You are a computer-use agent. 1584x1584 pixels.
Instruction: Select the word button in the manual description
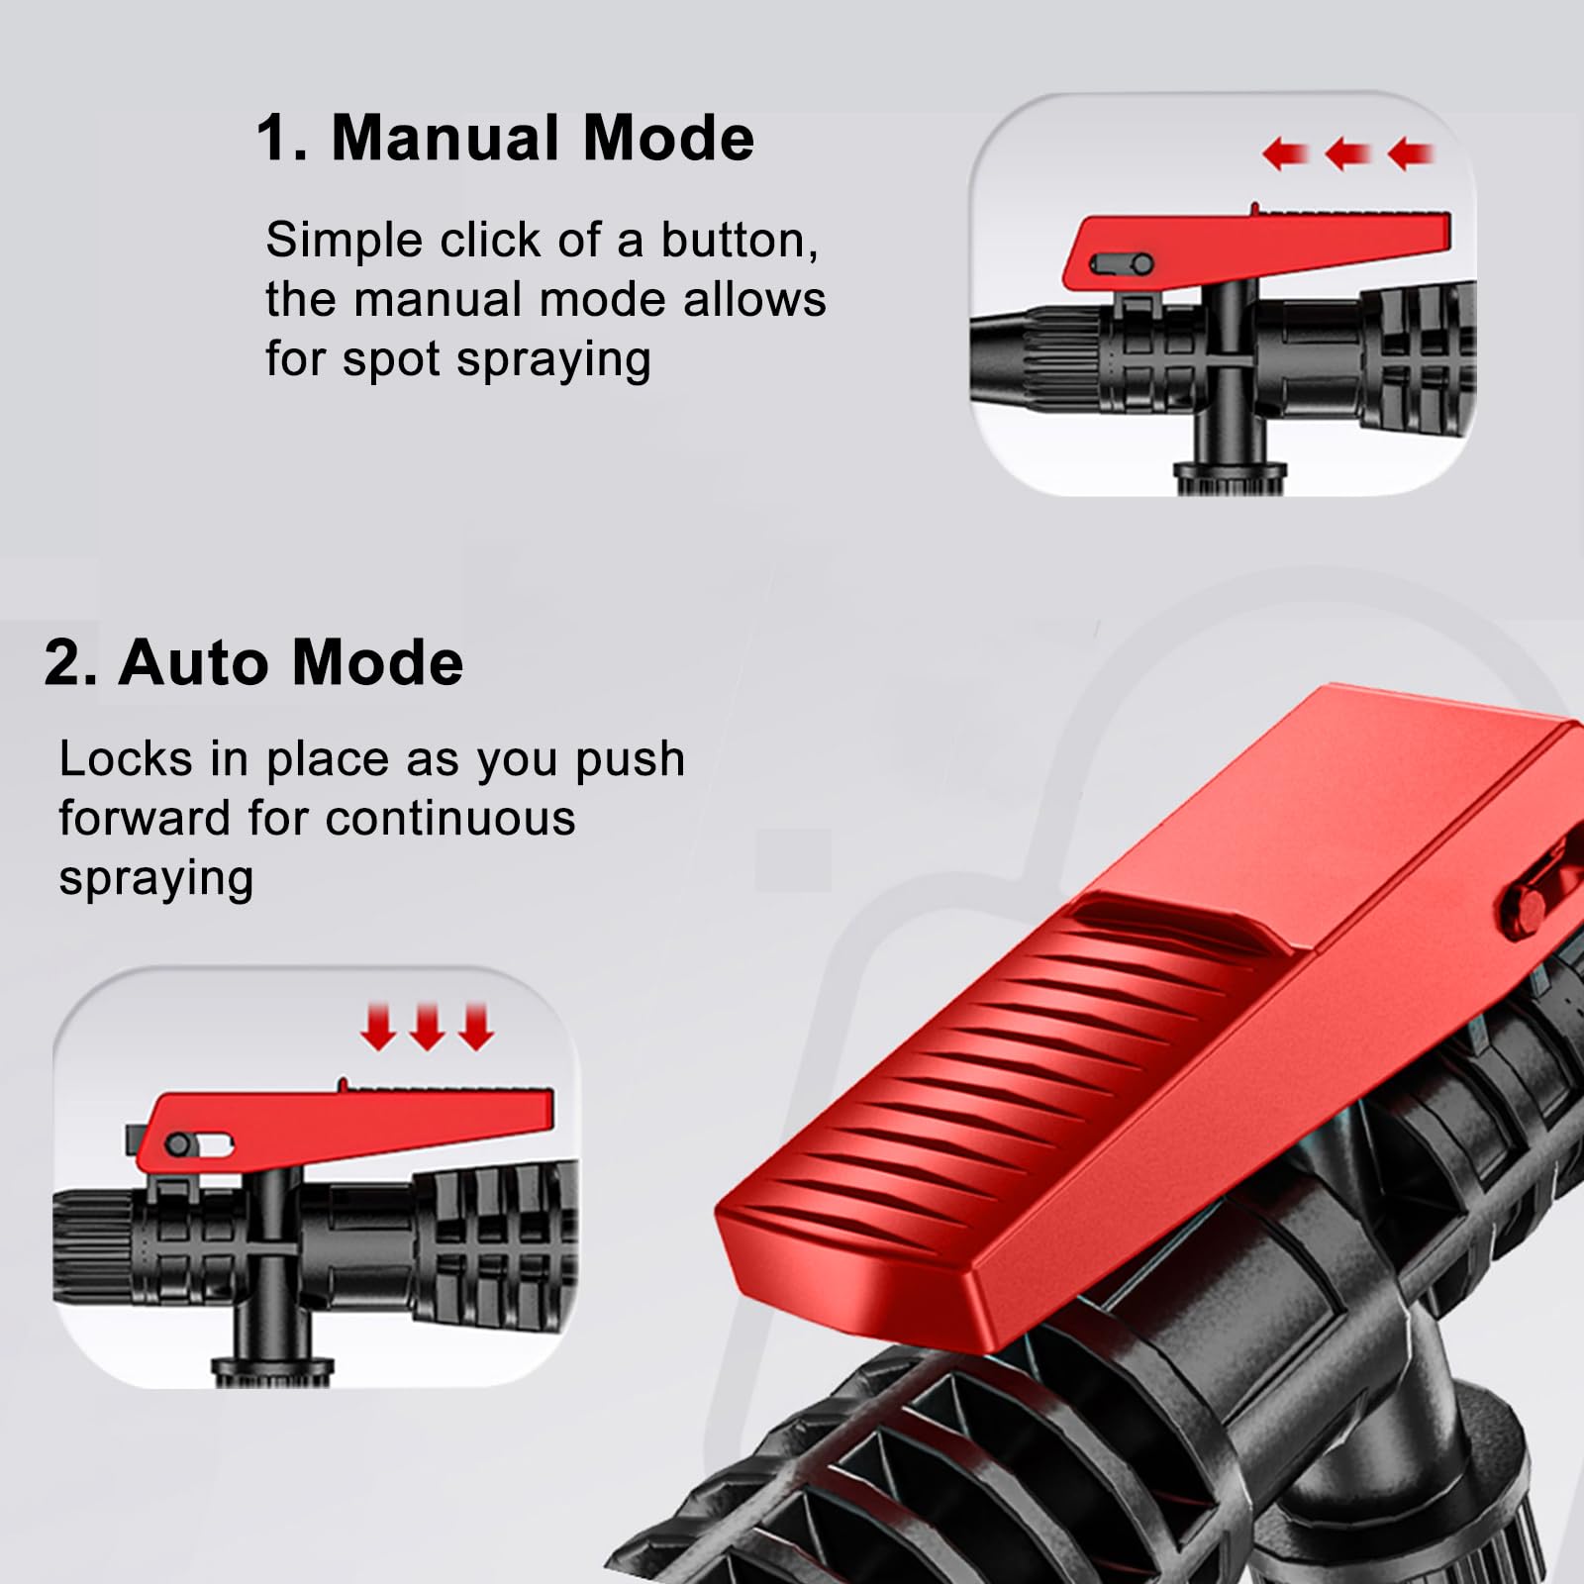tap(740, 240)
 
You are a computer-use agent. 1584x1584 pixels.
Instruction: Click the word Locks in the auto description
tap(126, 759)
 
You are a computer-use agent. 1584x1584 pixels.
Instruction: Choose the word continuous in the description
tap(450, 819)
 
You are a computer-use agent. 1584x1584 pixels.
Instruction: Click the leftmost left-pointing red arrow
tap(1285, 153)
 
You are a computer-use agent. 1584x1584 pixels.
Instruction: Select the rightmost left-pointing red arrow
tap(1410, 153)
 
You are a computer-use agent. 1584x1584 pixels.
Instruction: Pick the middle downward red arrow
tap(428, 1027)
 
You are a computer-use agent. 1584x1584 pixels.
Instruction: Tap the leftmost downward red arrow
tap(378, 1027)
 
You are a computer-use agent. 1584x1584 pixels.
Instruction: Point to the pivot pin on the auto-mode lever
tap(179, 1145)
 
